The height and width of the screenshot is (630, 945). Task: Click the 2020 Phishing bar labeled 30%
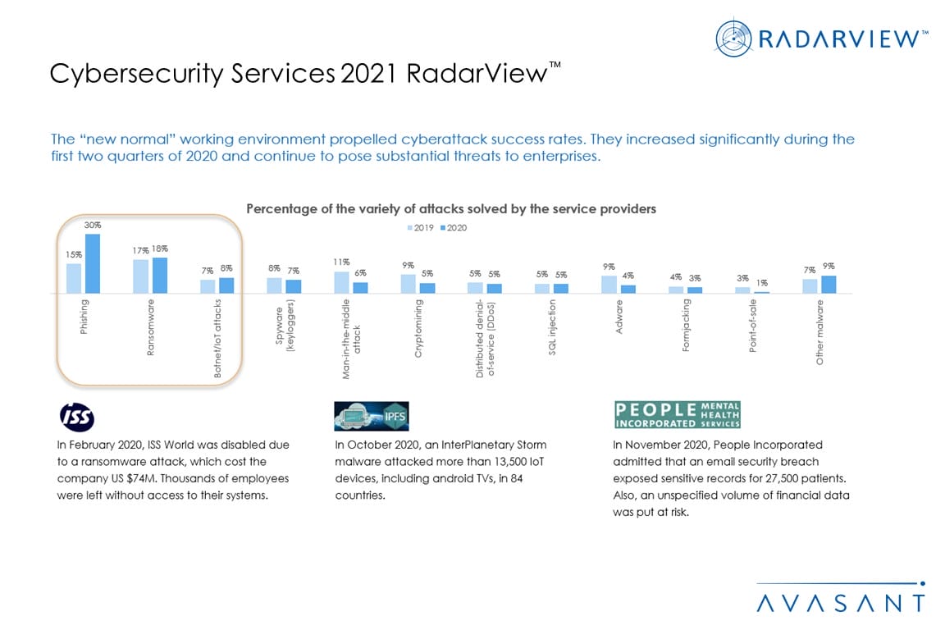click(92, 263)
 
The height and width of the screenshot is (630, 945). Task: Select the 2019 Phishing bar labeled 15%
click(74, 278)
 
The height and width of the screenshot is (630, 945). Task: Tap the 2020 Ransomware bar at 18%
click(159, 275)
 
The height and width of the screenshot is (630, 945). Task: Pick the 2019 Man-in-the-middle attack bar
click(342, 282)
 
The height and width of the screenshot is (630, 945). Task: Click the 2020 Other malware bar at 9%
click(829, 284)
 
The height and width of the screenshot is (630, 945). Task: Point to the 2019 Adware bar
click(609, 284)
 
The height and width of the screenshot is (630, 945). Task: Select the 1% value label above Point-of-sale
click(761, 282)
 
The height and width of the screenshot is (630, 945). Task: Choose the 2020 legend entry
click(452, 227)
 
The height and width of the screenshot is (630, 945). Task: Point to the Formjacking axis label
click(686, 326)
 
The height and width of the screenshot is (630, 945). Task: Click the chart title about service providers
click(451, 209)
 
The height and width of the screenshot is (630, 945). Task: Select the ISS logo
click(78, 417)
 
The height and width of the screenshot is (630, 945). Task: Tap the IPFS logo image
click(371, 416)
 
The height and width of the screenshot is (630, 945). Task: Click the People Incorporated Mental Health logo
click(678, 415)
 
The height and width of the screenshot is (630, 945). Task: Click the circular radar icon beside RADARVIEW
click(733, 39)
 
